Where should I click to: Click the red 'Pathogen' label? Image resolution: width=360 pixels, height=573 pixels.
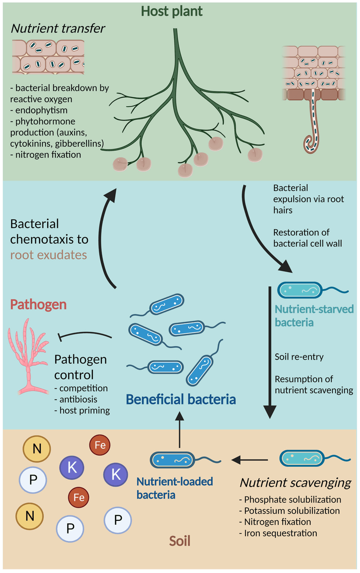pos(38,305)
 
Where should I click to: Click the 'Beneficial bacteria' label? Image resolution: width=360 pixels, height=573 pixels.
pos(181,399)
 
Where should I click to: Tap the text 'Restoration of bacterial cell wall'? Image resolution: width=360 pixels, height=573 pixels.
pos(301,238)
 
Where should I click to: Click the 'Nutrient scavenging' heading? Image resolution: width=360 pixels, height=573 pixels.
pos(295,483)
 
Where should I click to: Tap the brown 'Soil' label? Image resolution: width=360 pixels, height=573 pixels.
pos(180,540)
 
